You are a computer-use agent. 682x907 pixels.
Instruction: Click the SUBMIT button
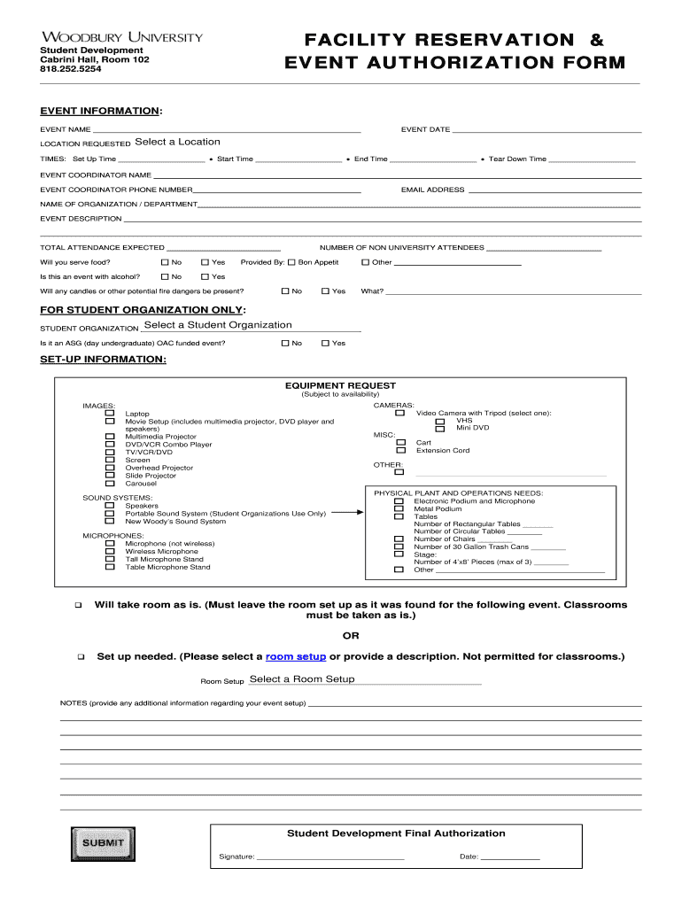tap(103, 842)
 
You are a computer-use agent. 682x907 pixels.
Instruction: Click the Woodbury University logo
tap(122, 37)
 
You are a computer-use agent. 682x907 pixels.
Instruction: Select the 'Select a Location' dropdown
tap(177, 142)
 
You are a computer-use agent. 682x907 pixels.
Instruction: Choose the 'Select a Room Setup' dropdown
tap(302, 679)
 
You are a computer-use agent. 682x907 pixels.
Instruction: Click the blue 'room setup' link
tap(296, 656)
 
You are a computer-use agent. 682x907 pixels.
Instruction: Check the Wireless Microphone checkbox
tap(110, 552)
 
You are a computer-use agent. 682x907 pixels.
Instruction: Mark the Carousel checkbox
tap(110, 484)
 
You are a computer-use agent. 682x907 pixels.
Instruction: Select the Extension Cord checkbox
tap(400, 450)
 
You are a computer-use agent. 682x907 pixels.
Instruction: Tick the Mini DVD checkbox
tap(440, 428)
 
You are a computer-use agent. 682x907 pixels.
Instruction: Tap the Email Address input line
tap(554, 190)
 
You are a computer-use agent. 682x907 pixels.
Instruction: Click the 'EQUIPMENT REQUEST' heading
tap(340, 386)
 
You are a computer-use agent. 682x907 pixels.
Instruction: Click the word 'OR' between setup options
tap(351, 636)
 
